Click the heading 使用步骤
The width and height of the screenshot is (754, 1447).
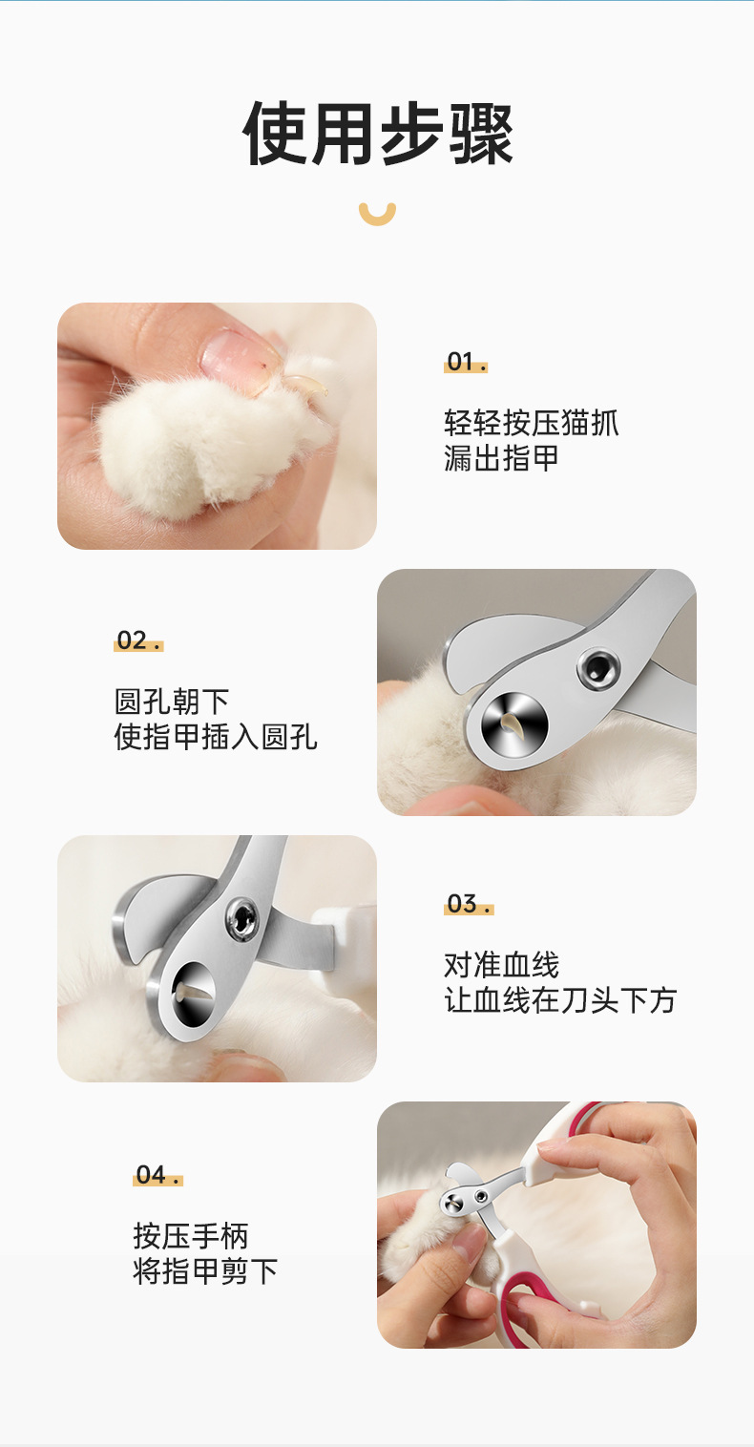[x=377, y=134]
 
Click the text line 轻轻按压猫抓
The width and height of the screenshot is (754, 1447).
[x=531, y=423]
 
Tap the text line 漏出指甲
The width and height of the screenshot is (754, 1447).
[x=501, y=459]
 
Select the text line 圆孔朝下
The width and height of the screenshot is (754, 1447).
[x=172, y=702]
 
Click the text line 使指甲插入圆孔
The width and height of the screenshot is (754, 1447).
[x=216, y=737]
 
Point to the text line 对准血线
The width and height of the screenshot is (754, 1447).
[x=501, y=965]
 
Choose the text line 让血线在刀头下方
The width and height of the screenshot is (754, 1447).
[x=560, y=1000]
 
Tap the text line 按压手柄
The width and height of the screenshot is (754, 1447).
[x=191, y=1236]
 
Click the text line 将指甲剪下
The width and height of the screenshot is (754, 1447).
[x=205, y=1271]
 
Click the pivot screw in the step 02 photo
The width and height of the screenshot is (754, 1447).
[x=598, y=668]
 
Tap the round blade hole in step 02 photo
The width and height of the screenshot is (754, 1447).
[x=514, y=724]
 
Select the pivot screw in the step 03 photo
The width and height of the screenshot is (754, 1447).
[x=242, y=918]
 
